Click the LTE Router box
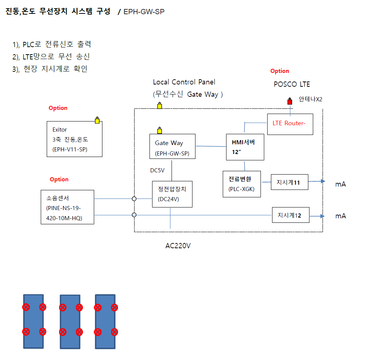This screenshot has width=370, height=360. coord(290,123)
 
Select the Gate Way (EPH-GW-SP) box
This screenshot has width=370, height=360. coord(172,146)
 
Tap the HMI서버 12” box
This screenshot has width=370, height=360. coord(245,147)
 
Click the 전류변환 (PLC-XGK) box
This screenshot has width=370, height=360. coord(242,184)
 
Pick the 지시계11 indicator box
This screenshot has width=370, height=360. coord(290,182)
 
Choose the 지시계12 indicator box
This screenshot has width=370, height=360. coord(290,215)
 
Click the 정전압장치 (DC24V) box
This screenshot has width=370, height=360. coord(172,194)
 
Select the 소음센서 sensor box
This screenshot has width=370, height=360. coord(67,207)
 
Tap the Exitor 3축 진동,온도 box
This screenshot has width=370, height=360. coord(74,139)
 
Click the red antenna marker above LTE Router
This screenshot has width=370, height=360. coord(289,101)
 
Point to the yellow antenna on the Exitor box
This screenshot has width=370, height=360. coord(98,120)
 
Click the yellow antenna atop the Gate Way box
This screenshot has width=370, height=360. coord(160,130)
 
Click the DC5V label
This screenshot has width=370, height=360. coord(157,170)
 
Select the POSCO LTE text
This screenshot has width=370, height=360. coord(292,84)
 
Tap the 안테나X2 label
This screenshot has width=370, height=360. coord(310,99)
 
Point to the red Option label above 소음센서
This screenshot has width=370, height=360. coord(59,179)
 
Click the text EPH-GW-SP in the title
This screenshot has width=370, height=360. coord(144,12)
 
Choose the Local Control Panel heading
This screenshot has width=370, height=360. coord(184,82)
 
